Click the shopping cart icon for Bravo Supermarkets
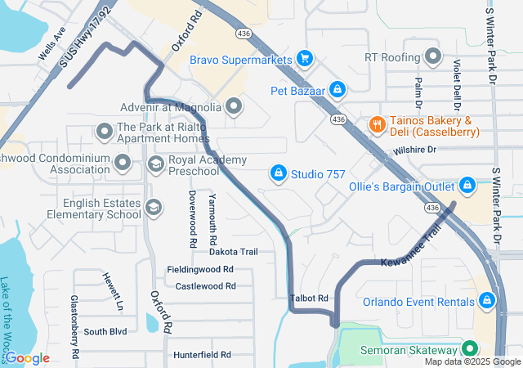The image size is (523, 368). pos(305,59)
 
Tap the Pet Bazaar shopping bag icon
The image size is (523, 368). pos(337,89)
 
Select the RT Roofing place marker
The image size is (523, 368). pos(433,57)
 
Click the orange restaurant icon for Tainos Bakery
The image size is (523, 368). pos(377,125)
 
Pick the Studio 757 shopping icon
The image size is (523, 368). pos(278,173)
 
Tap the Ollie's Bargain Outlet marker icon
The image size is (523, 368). pos(467,185)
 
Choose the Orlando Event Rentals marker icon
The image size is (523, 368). pos(487,301)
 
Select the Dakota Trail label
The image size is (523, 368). pos(233,252)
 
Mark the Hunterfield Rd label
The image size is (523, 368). pos(202,355)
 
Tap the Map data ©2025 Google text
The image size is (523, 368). pos(472,361)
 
